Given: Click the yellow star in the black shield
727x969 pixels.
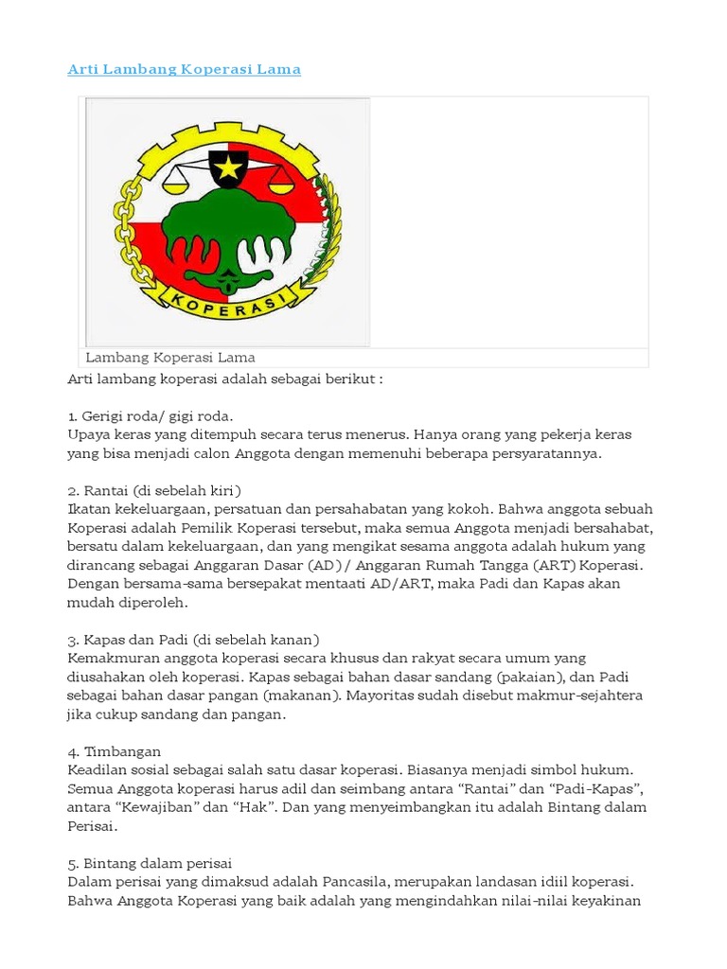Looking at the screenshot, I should tap(228, 169).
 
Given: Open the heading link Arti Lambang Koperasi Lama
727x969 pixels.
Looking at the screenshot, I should tap(185, 69).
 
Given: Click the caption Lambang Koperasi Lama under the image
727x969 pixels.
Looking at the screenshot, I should tap(170, 358).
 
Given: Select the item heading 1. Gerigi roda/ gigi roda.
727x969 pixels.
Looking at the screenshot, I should tap(151, 416).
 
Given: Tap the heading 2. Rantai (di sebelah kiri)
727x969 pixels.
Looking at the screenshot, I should tap(155, 490).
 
